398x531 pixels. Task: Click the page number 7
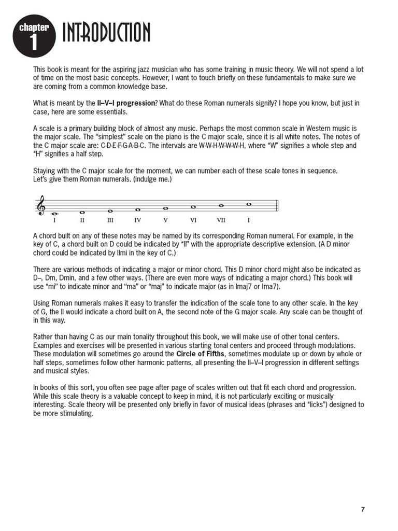(x=363, y=510)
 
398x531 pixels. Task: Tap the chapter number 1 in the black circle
(x=34, y=43)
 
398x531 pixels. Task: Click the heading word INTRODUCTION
(x=106, y=33)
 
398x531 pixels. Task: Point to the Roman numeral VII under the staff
(x=221, y=220)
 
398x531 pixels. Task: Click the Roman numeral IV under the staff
(x=138, y=220)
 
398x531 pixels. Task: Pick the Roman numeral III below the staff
(x=110, y=220)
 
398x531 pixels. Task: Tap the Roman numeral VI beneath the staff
(x=193, y=220)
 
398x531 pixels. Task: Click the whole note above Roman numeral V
(x=166, y=208)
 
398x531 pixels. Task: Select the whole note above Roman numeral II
(x=82, y=212)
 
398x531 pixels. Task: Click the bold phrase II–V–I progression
(x=126, y=103)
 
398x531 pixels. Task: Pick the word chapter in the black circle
(x=34, y=28)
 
